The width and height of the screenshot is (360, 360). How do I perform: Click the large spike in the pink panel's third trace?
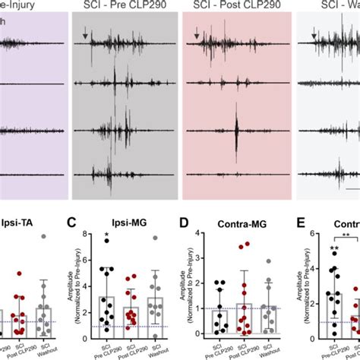(237, 125)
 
